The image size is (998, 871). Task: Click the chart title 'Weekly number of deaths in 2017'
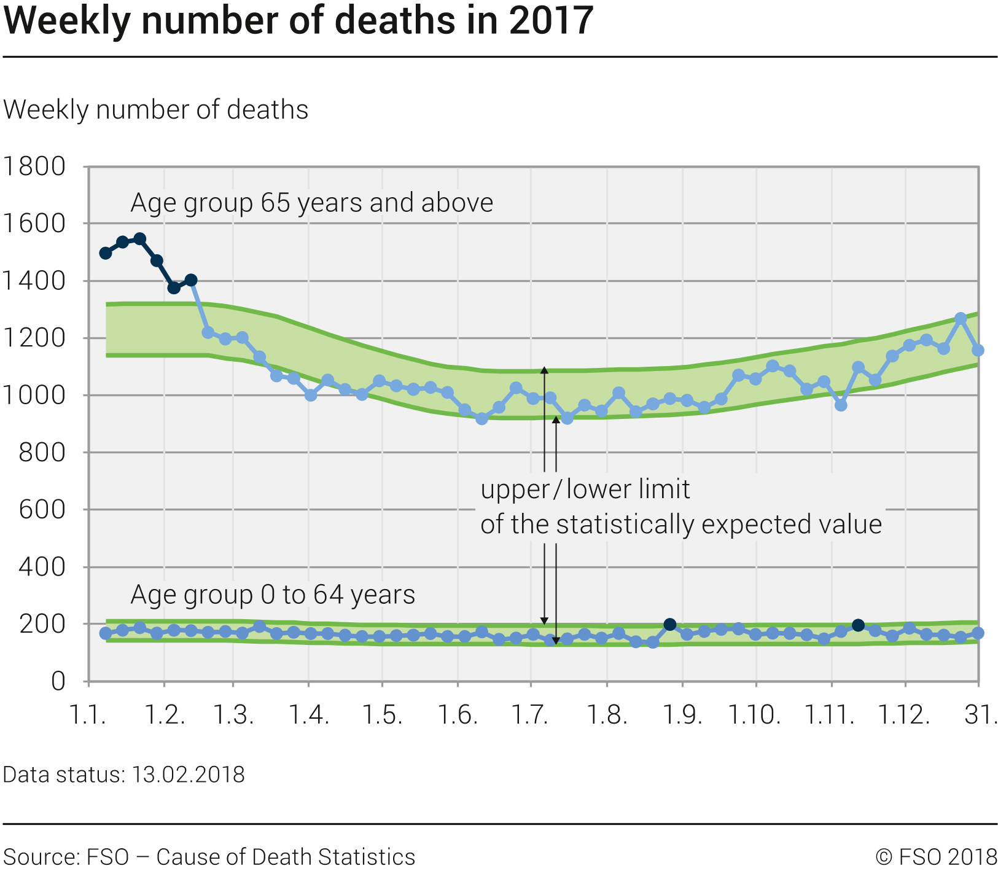298,20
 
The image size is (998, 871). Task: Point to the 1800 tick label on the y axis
34,166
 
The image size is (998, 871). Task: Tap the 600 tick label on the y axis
42,509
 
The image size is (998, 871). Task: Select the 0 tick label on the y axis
58,681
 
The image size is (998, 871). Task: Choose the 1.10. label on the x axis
754,715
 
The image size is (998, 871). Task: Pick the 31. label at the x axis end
981,715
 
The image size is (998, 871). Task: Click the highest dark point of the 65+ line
140,239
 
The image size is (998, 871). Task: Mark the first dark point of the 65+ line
106,253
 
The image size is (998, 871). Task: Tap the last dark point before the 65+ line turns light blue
191,280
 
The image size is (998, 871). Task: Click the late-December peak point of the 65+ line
961,318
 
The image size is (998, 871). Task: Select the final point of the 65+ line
978,350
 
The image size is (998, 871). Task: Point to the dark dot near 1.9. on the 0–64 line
670,625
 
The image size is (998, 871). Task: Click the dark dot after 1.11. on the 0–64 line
859,625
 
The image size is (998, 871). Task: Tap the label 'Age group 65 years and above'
311,203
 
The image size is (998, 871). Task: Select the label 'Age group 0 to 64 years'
273,595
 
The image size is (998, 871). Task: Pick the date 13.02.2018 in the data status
189,775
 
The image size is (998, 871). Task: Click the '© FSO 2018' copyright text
936,857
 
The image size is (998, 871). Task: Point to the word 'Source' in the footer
40,857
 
